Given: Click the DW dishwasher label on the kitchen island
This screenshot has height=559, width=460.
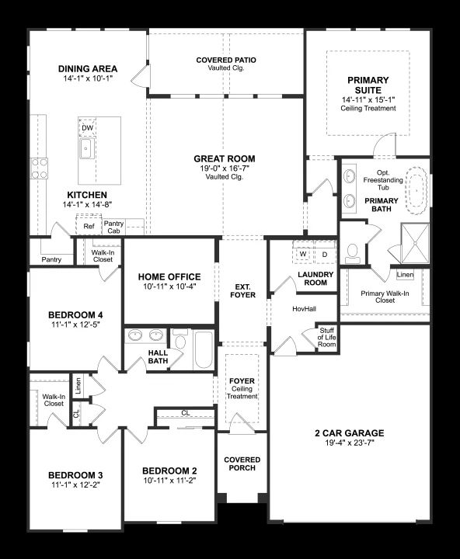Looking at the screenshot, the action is (88, 127).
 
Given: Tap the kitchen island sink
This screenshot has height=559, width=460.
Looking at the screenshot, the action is (87, 148).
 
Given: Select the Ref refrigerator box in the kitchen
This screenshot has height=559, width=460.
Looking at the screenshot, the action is (89, 225).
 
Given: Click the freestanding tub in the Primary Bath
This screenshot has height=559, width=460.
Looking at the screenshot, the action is (417, 191).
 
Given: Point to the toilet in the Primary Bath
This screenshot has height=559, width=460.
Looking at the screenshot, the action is (353, 253).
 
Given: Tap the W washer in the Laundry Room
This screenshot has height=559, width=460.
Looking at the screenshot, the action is (303, 254).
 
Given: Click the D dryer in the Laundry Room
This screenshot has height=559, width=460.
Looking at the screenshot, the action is (325, 254).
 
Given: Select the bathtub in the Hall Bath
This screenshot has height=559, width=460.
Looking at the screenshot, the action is (204, 350).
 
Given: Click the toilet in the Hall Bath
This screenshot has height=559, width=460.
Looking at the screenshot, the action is (180, 339).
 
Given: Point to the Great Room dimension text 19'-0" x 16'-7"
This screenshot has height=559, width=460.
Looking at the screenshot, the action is (225, 168).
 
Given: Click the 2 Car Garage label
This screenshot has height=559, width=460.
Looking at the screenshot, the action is (350, 433).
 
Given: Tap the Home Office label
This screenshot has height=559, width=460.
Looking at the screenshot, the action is (169, 276).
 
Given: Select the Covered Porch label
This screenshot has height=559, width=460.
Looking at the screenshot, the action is (242, 464).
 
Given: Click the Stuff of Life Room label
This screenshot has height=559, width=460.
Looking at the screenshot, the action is (327, 337).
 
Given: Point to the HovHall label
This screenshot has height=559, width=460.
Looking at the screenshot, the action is (304, 309).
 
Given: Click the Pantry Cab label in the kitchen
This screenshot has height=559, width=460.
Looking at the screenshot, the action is (113, 227).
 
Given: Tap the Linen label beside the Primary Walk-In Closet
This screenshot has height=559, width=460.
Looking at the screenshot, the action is (405, 275).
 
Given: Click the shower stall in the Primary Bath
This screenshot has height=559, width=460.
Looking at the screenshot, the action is (416, 244).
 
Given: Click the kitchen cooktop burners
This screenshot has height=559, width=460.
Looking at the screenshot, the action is (40, 168).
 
